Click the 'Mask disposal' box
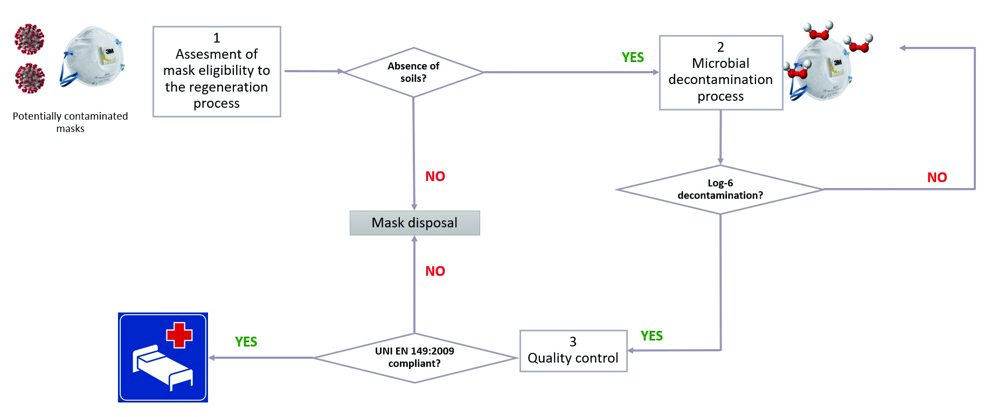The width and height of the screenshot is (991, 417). [414, 223]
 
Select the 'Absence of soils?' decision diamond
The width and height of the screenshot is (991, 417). [413, 72]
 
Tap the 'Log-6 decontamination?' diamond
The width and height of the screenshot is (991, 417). [720, 190]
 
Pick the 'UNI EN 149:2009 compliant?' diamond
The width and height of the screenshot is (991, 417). [414, 358]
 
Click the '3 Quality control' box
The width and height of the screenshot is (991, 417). [573, 351]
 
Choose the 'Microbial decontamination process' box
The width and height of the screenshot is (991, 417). [720, 73]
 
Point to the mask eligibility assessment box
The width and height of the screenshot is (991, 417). [217, 72]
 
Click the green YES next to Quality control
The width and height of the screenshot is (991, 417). [652, 336]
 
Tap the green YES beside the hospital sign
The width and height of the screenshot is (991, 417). [246, 342]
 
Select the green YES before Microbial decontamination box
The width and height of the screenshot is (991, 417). [633, 58]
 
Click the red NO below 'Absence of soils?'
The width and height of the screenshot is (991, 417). [435, 177]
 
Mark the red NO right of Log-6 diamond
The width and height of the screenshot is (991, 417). [937, 178]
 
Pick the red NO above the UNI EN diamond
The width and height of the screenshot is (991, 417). [435, 272]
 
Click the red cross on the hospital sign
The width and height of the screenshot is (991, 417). [179, 335]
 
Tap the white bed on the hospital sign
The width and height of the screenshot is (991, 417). [162, 366]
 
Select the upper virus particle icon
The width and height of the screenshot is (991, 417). [29, 39]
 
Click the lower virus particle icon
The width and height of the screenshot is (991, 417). [29, 78]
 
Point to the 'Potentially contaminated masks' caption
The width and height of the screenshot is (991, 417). [70, 122]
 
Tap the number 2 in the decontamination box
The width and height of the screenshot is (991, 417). [720, 47]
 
